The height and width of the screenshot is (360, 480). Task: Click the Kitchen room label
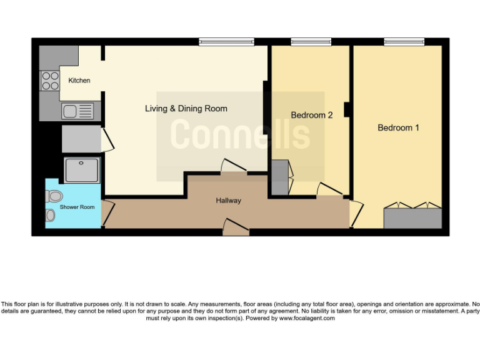pyautogui.click(x=79, y=81)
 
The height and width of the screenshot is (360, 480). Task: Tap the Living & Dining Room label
pyautogui.click(x=186, y=109)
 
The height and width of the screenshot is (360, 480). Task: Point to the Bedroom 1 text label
pyautogui.click(x=398, y=127)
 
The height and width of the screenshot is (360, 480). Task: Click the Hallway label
pyautogui.click(x=228, y=201)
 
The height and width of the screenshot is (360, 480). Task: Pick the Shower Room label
pyautogui.click(x=77, y=207)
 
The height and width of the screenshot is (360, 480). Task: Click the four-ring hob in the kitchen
pyautogui.click(x=49, y=80)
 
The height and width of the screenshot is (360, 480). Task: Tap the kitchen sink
pyautogui.click(x=77, y=112)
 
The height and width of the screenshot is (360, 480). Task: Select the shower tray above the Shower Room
pyautogui.click(x=82, y=169)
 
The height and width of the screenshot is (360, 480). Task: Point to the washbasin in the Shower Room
pyautogui.click(x=50, y=216)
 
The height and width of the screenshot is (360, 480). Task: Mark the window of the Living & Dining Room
pyautogui.click(x=226, y=42)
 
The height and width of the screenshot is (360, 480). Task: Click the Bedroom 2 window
pyautogui.click(x=311, y=42)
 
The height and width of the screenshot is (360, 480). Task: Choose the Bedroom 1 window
pyautogui.click(x=404, y=42)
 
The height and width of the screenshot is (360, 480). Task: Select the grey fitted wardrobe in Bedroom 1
pyautogui.click(x=412, y=218)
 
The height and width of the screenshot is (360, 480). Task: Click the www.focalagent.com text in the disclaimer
pyautogui.click(x=306, y=318)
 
